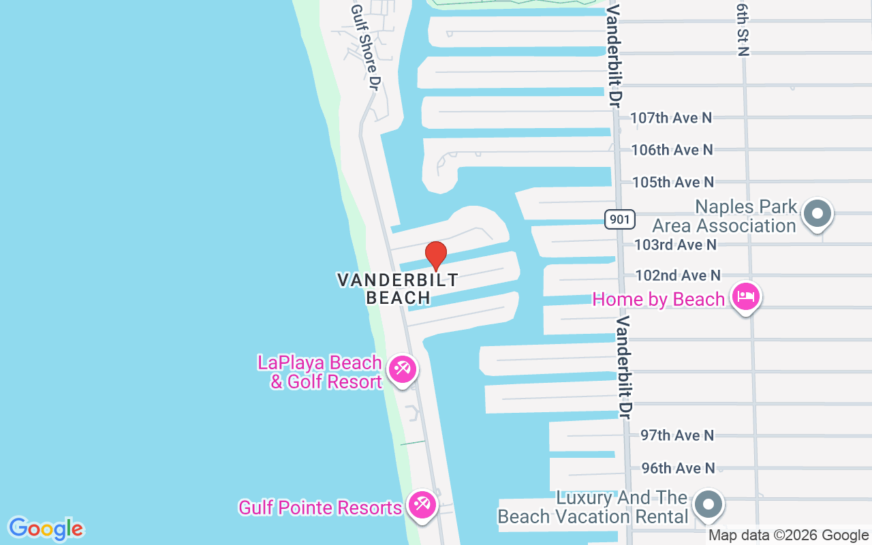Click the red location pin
[x=436, y=255]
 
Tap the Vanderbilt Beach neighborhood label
[x=398, y=288]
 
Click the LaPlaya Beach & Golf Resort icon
[x=403, y=370]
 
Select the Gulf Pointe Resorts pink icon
[x=422, y=505]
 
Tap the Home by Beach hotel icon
[x=746, y=297]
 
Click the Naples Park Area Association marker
[x=817, y=213]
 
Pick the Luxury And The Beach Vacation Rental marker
[x=708, y=505]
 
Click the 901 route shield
[x=620, y=219]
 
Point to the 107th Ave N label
[x=671, y=118]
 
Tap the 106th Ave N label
[x=672, y=150]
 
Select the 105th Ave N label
[x=672, y=182]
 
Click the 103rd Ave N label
[x=675, y=244]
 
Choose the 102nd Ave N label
[x=677, y=275]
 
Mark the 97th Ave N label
[x=677, y=435]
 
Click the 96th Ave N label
[x=678, y=468]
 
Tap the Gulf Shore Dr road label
[x=366, y=46]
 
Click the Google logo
[x=46, y=529]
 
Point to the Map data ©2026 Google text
[x=788, y=535]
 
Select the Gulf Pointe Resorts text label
[x=320, y=508]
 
